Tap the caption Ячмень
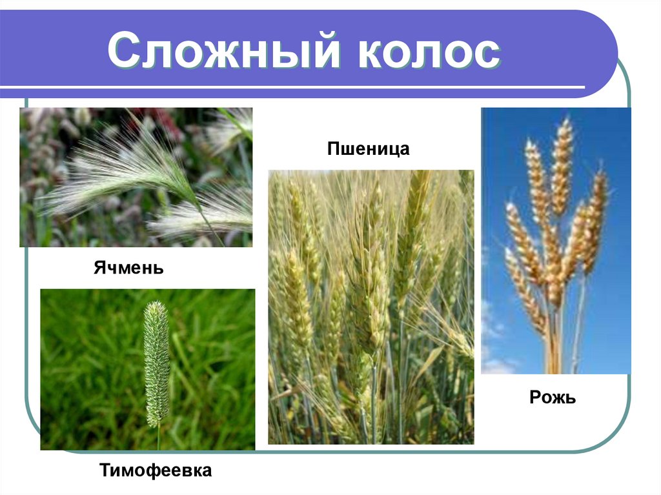pos(128,267)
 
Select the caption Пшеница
pos(369,150)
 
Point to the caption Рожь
pos(552,398)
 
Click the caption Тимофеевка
pos(156,470)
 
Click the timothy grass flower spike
pos(156,361)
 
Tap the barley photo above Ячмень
pos(136,177)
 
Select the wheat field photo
pos(371,307)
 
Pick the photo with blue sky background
pos(556,240)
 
